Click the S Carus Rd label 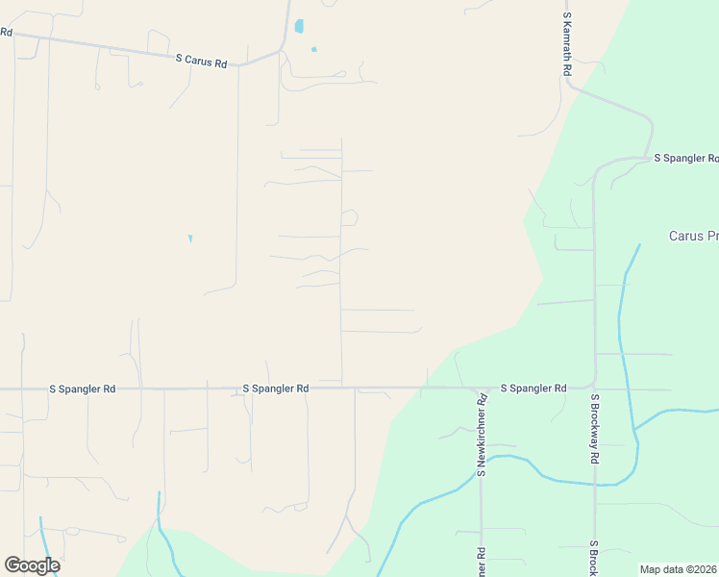click(x=201, y=59)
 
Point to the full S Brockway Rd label click(x=595, y=429)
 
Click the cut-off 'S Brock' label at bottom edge click(x=594, y=559)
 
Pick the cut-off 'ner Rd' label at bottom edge click(x=482, y=562)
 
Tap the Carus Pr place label click(x=693, y=236)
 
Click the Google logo click(x=32, y=565)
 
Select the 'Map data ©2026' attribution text click(x=678, y=569)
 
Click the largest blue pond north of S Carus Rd click(x=299, y=26)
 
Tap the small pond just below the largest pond click(x=313, y=49)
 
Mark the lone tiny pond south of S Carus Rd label click(x=189, y=238)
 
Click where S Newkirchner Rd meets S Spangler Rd click(x=481, y=389)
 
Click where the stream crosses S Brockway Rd click(x=595, y=485)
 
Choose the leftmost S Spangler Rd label click(x=83, y=389)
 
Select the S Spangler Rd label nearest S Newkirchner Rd click(x=533, y=388)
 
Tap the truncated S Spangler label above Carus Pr click(x=685, y=157)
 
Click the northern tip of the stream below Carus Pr click(x=639, y=245)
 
